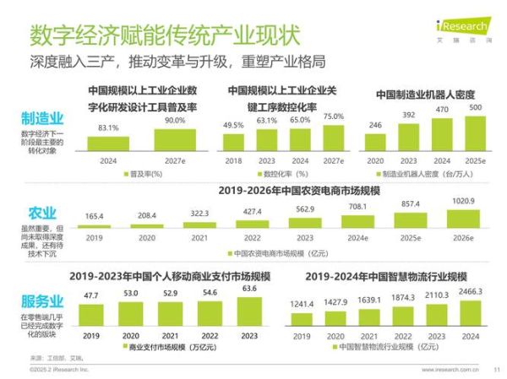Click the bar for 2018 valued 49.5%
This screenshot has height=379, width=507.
(x=233, y=143)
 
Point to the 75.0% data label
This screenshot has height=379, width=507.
(x=334, y=116)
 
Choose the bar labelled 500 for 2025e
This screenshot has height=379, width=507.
(x=476, y=133)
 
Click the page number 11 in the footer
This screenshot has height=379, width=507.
(x=496, y=369)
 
